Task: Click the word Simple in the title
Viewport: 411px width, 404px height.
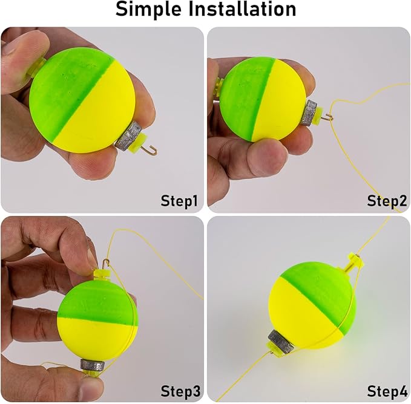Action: tap(148, 10)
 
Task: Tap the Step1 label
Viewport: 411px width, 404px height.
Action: tap(179, 201)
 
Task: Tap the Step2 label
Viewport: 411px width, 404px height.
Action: tap(387, 201)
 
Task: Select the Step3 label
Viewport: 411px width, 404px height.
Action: tap(180, 391)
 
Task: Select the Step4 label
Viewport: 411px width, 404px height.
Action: tap(387, 391)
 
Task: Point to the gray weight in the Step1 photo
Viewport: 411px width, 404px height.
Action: tap(128, 136)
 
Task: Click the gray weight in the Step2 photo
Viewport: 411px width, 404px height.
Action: tap(309, 112)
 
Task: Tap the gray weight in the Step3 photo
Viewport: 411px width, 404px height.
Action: tap(92, 364)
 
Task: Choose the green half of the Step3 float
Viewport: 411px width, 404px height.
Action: tap(97, 301)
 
